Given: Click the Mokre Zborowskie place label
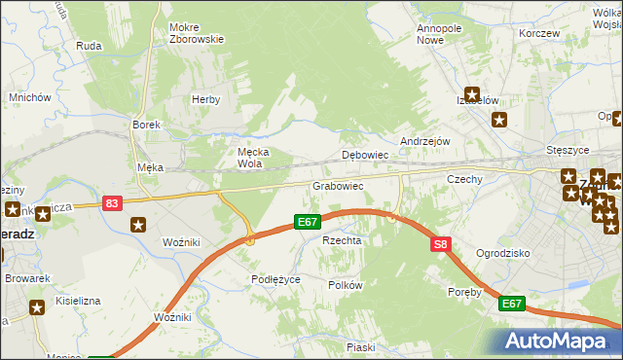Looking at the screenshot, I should (x=197, y=33).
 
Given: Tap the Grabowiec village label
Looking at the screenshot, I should (x=338, y=185).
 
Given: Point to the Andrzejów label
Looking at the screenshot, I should (x=424, y=141).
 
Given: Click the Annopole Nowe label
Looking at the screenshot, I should (x=439, y=34).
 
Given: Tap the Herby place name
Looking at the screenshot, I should (x=206, y=99).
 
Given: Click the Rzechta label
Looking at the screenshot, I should (x=342, y=240).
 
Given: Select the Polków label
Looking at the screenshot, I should (x=346, y=285).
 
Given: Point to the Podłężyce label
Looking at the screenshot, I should (x=276, y=279).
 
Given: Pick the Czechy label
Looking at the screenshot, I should (x=465, y=180).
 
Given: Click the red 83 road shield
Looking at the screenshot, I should (x=113, y=203).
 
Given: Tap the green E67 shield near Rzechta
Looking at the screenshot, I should (x=309, y=223).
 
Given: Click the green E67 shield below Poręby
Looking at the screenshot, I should (x=513, y=305).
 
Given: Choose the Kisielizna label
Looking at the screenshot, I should (x=78, y=302).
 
